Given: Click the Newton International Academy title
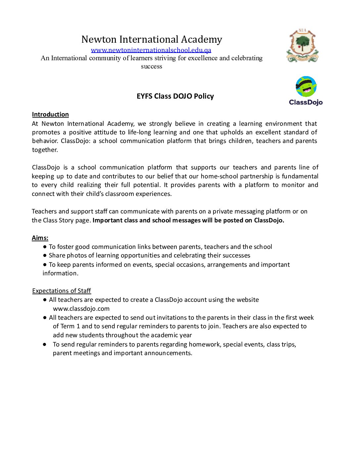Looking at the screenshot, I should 152,39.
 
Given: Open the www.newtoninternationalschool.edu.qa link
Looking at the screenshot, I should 151,50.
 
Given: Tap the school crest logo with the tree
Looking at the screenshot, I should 302,45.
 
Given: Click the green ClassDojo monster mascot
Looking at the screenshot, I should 306,87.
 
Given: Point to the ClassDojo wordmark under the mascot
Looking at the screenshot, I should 306,102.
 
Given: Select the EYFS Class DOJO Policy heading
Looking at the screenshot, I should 175,96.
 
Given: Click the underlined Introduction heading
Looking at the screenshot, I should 50,115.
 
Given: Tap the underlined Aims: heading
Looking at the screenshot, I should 40,238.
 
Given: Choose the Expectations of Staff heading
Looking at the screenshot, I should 62,291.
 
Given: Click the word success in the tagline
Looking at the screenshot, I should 152,67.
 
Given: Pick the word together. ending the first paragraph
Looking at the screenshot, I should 45,150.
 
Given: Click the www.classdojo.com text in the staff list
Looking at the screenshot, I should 81,309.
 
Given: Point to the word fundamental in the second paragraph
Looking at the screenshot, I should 300,176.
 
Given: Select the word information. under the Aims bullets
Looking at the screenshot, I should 61,273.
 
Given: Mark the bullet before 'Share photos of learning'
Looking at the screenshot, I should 45,256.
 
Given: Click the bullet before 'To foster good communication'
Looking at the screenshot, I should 45,247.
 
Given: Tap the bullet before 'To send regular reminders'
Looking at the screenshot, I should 45,345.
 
